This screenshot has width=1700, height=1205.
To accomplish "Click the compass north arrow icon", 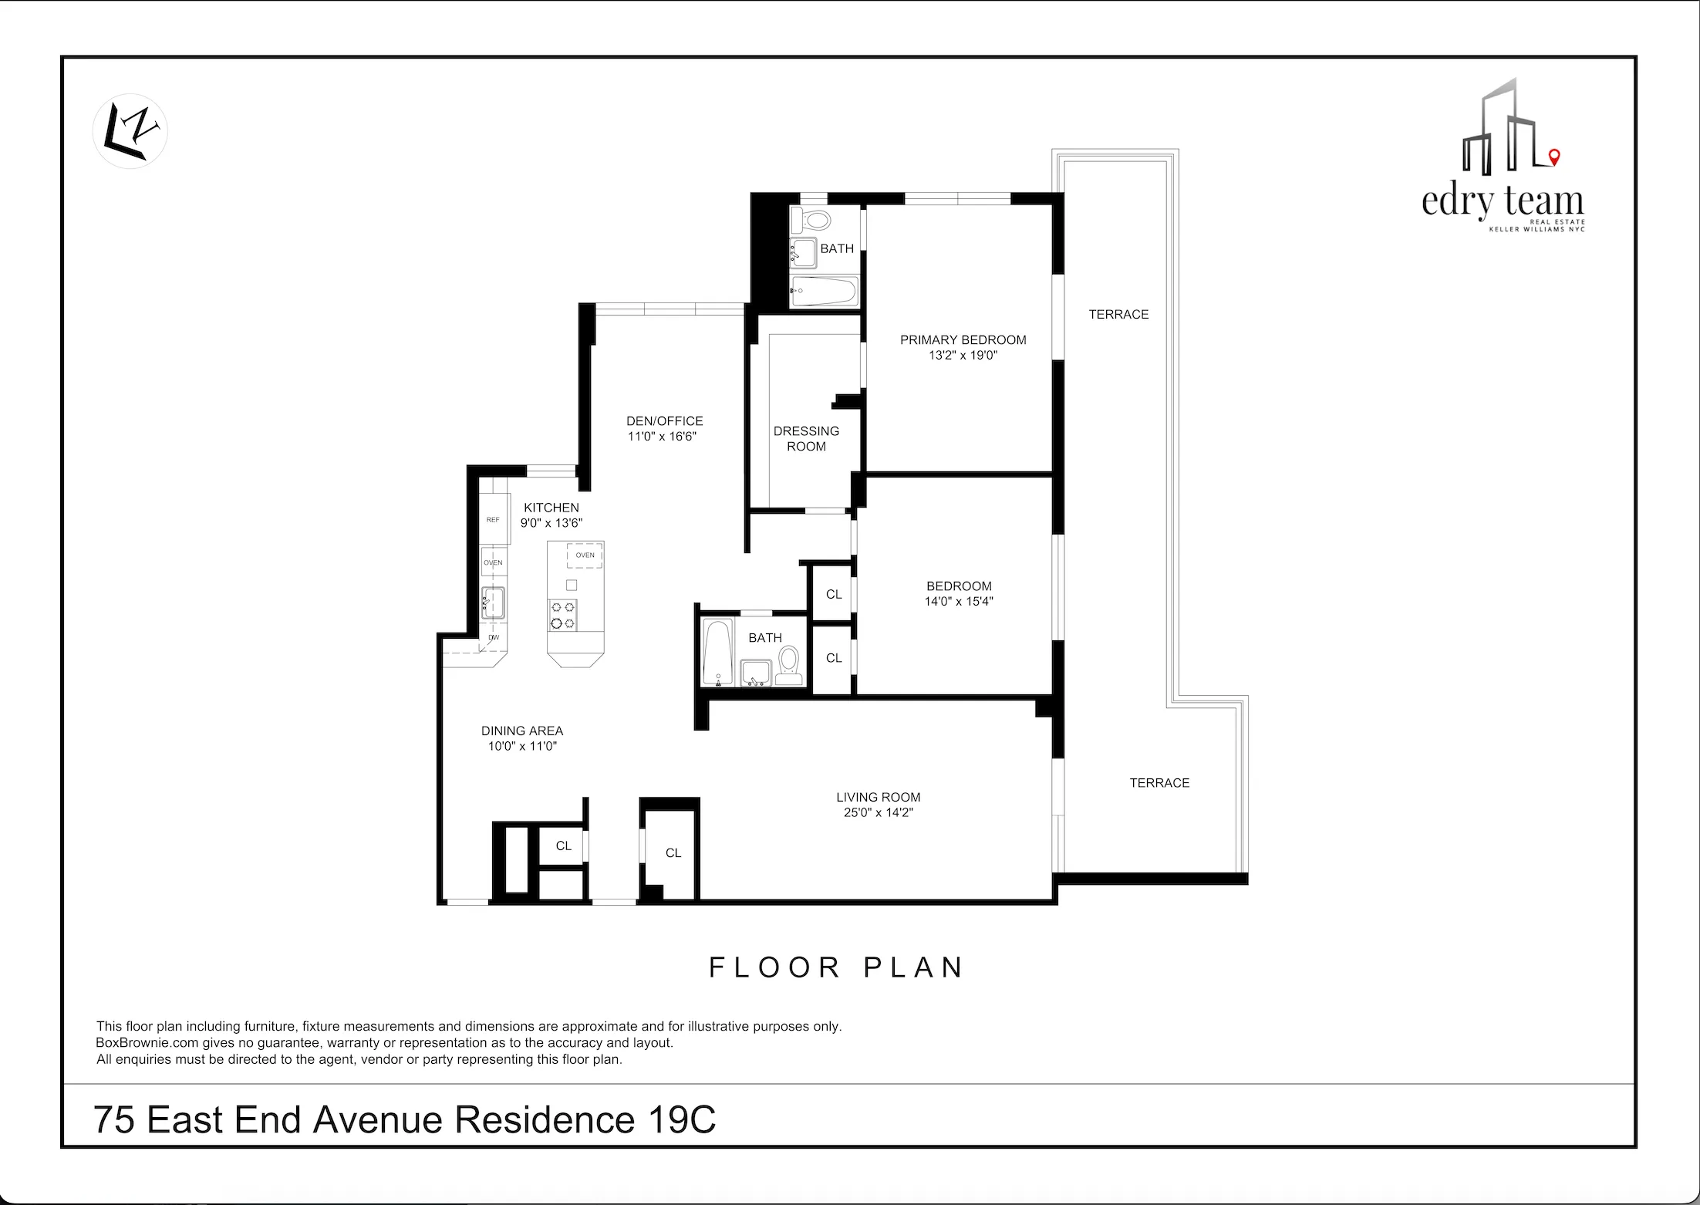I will (x=130, y=131).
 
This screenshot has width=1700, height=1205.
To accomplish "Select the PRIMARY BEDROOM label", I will (x=963, y=339).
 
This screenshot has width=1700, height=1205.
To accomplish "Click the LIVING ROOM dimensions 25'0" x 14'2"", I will (x=878, y=812).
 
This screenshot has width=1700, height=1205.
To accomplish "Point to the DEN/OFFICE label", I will (x=664, y=420).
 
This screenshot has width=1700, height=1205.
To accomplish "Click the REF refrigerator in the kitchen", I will (x=493, y=520).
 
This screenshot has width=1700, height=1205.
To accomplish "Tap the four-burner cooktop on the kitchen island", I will (x=562, y=615).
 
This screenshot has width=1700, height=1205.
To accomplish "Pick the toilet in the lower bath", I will (x=788, y=664).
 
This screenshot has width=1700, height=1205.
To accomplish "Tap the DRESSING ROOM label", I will (x=806, y=438).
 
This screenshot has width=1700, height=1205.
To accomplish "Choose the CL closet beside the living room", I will (x=673, y=852).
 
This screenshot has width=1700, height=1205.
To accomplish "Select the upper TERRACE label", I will (x=1118, y=314).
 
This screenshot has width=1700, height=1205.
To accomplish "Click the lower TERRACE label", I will (x=1159, y=782).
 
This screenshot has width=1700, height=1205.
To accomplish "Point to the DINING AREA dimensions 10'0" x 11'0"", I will (x=522, y=746).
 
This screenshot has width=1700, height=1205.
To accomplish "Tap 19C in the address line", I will (x=682, y=1119).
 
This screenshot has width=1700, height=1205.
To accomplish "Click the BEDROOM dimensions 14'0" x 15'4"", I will (x=959, y=601).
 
